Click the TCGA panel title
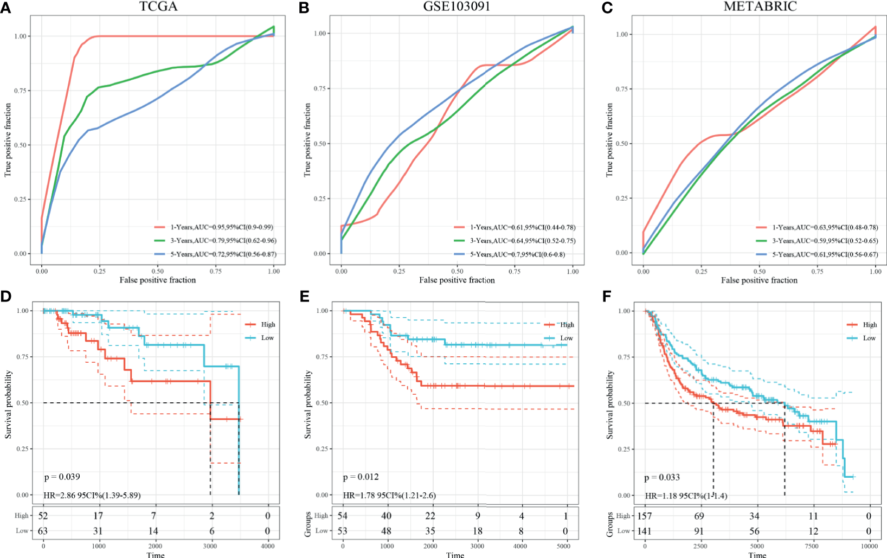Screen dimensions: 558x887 [158, 6]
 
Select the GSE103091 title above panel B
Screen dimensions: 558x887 [457, 6]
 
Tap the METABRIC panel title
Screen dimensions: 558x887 [760, 6]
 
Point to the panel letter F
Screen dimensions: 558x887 [607, 297]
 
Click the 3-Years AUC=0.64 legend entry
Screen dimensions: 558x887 [523, 241]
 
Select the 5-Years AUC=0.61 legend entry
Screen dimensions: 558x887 [825, 254]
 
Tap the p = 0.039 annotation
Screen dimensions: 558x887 [62, 477]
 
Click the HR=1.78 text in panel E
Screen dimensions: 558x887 [389, 495]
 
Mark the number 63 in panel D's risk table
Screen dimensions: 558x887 [42, 531]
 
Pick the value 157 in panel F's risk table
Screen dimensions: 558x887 [646, 516]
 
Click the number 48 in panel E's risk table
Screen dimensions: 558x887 [386, 531]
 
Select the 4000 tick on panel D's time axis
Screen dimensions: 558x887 [268, 546]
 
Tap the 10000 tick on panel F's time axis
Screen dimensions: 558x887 [870, 546]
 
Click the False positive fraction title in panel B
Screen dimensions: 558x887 [457, 280]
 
